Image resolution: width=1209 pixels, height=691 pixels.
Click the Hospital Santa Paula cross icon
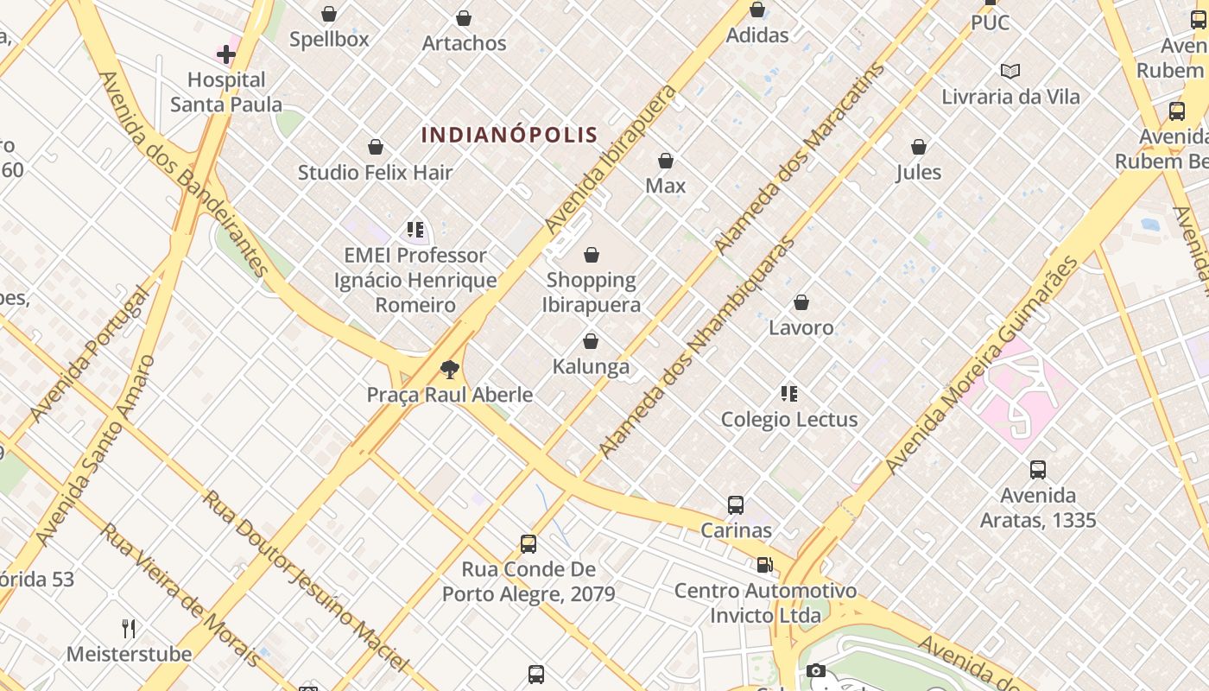point(226,54)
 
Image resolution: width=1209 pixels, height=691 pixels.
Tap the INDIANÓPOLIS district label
point(510,135)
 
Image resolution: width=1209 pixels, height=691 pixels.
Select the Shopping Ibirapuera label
point(592,292)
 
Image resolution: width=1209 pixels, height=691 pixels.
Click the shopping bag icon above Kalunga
point(591,341)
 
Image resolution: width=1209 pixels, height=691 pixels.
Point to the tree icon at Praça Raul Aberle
point(449,370)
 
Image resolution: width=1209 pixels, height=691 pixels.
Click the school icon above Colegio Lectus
point(789,394)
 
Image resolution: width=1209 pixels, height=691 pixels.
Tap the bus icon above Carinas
point(736,505)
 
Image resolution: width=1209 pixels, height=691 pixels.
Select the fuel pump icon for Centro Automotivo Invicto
point(764,565)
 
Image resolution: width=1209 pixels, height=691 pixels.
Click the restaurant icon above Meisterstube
point(129,628)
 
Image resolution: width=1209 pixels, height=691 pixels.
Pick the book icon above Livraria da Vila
point(1010,72)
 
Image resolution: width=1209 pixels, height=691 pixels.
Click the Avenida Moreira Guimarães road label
point(982,365)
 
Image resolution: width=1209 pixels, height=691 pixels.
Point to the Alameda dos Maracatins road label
point(799,158)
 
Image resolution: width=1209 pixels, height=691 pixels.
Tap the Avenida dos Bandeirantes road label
point(184,174)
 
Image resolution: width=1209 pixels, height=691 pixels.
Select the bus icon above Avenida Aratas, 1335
point(1038,470)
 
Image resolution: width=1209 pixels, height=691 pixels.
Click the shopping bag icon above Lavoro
point(801,302)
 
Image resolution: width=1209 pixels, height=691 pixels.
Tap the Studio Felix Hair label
point(375,173)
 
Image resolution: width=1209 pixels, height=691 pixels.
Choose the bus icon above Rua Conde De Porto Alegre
point(529,544)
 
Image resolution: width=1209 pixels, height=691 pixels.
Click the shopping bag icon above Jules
point(919,147)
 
